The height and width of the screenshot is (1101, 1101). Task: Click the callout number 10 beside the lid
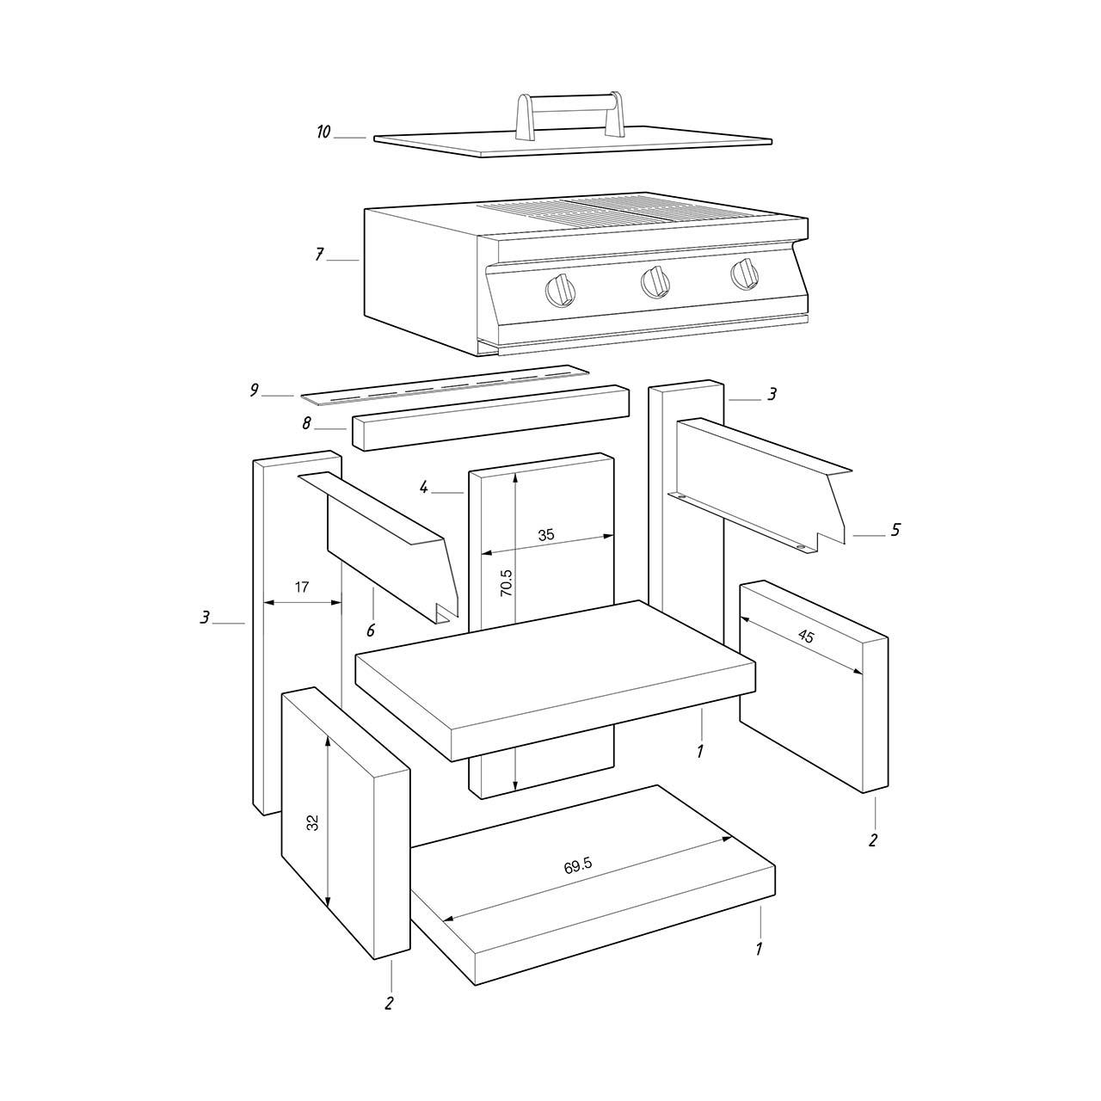(x=323, y=132)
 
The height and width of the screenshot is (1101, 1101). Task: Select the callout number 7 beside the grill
(x=319, y=255)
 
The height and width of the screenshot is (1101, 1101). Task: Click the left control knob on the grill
(x=560, y=290)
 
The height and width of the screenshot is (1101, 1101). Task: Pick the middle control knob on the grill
(x=655, y=280)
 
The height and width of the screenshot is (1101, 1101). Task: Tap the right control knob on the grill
(x=745, y=274)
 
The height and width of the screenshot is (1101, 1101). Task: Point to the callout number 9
(x=255, y=391)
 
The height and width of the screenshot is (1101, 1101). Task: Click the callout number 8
(x=307, y=423)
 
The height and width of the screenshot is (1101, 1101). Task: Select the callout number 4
(x=423, y=488)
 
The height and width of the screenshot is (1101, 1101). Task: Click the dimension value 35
(x=546, y=535)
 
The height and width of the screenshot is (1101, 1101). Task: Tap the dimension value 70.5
(x=507, y=583)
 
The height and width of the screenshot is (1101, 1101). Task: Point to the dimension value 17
(x=302, y=587)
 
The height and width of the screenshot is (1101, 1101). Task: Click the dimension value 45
(x=806, y=636)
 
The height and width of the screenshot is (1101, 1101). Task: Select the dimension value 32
(x=312, y=823)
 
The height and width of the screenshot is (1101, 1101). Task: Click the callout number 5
(x=895, y=530)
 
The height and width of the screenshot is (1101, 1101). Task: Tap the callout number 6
(x=371, y=630)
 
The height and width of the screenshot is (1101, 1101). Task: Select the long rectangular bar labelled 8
(x=491, y=418)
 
